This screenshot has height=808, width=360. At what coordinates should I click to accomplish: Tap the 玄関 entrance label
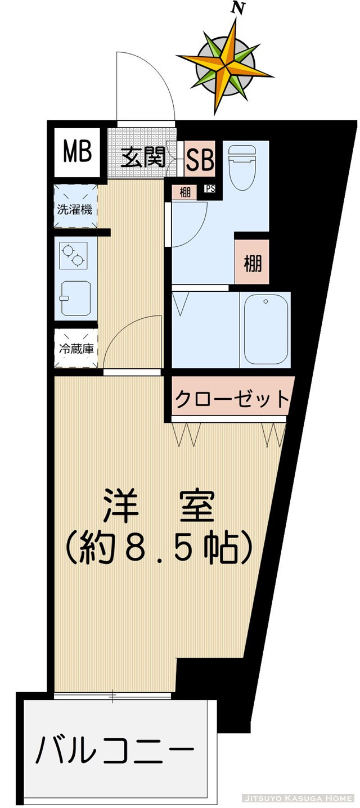pos(144,159)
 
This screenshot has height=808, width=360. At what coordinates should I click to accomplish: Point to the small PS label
pos(210,189)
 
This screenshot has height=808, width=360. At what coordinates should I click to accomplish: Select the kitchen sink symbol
pos(75,298)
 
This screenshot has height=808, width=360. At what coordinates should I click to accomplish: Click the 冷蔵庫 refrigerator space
pos(76,349)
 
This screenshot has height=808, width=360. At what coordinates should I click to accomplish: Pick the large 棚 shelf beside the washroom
pos(253,263)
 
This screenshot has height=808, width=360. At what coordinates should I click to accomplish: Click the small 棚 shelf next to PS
pos(184,192)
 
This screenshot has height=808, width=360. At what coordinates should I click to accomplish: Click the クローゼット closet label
pos(232,400)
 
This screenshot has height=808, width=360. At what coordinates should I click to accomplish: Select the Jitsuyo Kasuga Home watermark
pos(298,797)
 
